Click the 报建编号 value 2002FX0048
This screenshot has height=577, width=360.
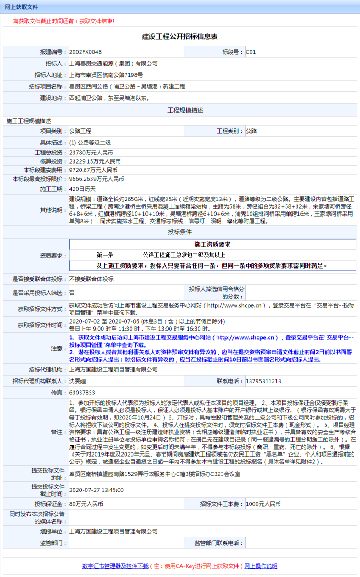click(x=86, y=52)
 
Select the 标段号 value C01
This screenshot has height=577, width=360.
click(x=251, y=52)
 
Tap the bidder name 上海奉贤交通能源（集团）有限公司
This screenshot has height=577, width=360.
click(x=113, y=63)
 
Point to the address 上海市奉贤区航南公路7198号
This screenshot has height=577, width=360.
click(x=106, y=74)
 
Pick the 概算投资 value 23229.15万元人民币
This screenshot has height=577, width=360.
click(x=95, y=161)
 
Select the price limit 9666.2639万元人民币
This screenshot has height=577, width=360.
click(x=97, y=179)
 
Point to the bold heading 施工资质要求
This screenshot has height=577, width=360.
click(x=212, y=244)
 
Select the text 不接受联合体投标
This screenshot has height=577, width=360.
click(x=91, y=279)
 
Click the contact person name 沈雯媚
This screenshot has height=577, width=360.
click(x=78, y=381)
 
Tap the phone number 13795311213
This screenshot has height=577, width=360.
click(x=263, y=381)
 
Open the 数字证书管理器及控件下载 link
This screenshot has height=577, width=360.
click(x=115, y=566)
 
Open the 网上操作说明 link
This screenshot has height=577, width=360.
click(x=260, y=566)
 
